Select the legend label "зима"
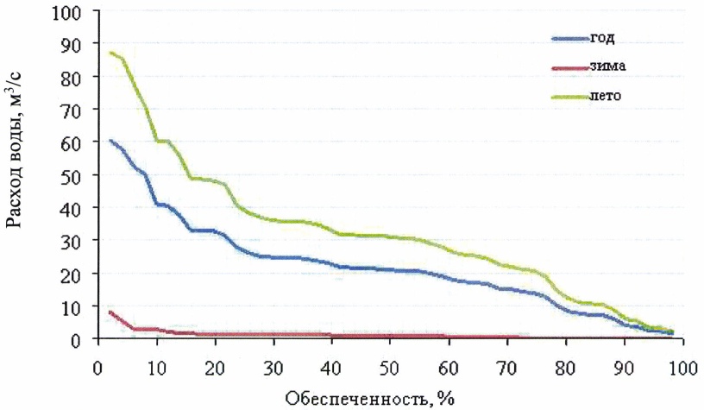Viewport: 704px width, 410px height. tap(607, 66)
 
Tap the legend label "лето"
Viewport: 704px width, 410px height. tap(607, 95)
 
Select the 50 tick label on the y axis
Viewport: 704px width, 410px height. tap(74, 176)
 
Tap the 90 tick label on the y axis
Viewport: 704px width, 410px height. tap(74, 46)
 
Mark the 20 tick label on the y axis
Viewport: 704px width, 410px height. tap(74, 274)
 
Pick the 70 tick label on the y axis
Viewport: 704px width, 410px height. tap(74, 111)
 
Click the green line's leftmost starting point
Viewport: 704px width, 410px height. tap(110, 53)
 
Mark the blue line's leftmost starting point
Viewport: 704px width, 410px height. tap(110, 141)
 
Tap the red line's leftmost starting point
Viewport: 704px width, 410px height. tap(110, 312)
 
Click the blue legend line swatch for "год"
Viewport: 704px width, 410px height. tap(569, 39)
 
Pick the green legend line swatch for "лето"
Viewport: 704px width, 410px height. tap(569, 95)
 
